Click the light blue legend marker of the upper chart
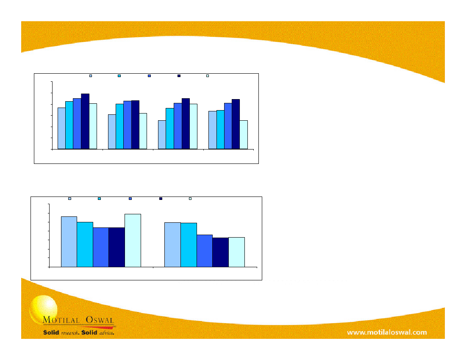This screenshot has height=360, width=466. tap(91, 76)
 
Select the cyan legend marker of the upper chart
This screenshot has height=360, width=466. tap(119, 76)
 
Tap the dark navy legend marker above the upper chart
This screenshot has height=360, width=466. tap(179, 76)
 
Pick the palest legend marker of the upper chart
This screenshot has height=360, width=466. tap(208, 76)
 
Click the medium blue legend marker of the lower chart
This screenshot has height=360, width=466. tap(130, 198)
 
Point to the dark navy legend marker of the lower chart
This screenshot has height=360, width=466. tap(161, 198)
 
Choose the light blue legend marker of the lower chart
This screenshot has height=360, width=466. tap(69, 198)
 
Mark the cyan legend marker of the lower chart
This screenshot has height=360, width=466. tap(99, 198)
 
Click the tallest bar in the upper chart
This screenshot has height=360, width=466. tap(85, 121)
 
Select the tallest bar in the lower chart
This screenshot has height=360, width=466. tap(133, 241)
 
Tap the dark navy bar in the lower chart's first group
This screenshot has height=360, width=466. tap(117, 247)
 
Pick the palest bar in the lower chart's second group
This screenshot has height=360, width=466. tap(236, 252)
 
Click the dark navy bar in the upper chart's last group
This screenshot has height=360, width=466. tap(236, 124)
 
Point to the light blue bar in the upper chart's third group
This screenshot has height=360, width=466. tap(162, 135)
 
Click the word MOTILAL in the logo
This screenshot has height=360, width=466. tap(61, 320)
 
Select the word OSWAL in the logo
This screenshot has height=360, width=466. tap(100, 320)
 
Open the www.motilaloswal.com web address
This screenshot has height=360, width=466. tap(387, 332)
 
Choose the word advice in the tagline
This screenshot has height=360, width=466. tap(106, 333)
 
